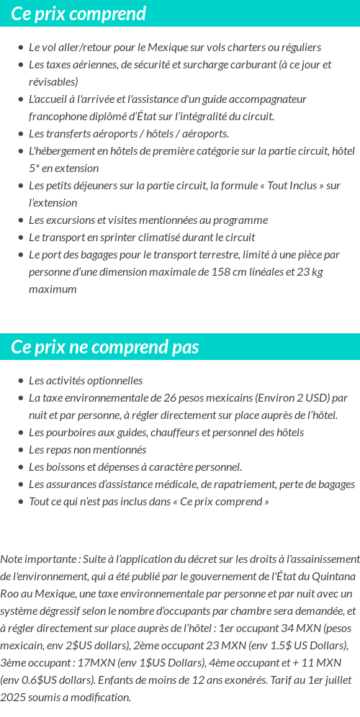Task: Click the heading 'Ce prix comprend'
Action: tap(78, 14)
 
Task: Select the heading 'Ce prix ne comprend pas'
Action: tap(104, 347)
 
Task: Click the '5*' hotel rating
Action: tap(35, 168)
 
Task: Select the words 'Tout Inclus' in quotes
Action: tap(294, 186)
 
